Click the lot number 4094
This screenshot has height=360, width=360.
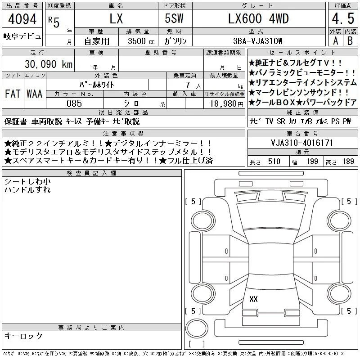[x=22, y=19]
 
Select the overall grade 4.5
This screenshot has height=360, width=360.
[x=343, y=18]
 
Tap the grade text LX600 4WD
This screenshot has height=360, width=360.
[x=258, y=18]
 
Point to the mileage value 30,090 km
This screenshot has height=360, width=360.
[x=49, y=64]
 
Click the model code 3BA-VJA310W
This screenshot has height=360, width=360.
[x=257, y=41]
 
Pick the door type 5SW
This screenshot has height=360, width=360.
[x=174, y=18]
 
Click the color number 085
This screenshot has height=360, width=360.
[x=74, y=103]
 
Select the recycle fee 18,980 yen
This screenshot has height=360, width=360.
[x=226, y=104]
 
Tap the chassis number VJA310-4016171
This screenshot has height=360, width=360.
[x=302, y=143]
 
